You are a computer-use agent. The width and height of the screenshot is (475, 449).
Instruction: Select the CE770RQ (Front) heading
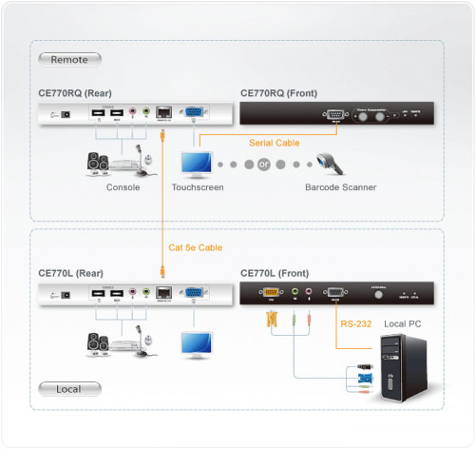click(x=278, y=93)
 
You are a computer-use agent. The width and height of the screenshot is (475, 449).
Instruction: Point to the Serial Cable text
click(x=274, y=143)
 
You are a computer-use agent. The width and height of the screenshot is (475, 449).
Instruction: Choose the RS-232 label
click(x=355, y=323)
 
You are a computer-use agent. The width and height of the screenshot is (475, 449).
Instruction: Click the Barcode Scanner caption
click(x=341, y=188)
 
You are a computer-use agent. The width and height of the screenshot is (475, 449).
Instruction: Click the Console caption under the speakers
click(x=123, y=188)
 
